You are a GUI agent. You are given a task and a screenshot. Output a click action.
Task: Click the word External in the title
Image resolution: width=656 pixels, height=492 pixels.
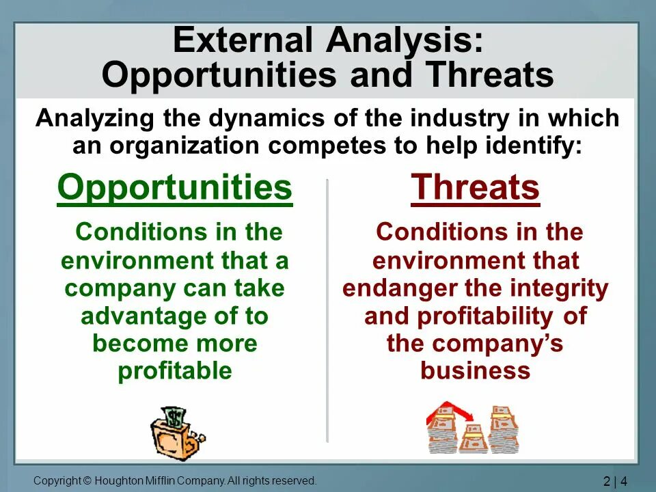coord(243,40)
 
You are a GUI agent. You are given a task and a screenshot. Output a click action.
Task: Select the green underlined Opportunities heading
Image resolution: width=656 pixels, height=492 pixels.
coord(175,189)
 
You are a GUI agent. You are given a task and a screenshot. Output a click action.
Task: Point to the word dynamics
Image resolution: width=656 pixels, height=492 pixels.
coord(266,118)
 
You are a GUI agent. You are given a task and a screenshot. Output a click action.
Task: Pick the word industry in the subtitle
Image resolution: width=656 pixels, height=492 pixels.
coord(459,118)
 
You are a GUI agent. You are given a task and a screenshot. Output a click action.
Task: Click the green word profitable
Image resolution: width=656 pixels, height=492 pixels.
coord(175,371)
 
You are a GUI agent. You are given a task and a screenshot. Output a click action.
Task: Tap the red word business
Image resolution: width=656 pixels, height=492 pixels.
coord(476,370)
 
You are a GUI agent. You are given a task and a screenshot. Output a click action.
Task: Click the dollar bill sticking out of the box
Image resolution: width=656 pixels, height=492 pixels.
coord(173,417)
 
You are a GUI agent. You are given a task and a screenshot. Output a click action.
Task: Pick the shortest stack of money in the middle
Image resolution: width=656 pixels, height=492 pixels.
coord(473,439)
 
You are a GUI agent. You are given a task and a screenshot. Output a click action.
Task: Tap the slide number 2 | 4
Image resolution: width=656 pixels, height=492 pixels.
coord(616,481)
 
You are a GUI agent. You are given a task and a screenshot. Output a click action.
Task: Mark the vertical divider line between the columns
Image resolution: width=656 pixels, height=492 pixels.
coord(327,310)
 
